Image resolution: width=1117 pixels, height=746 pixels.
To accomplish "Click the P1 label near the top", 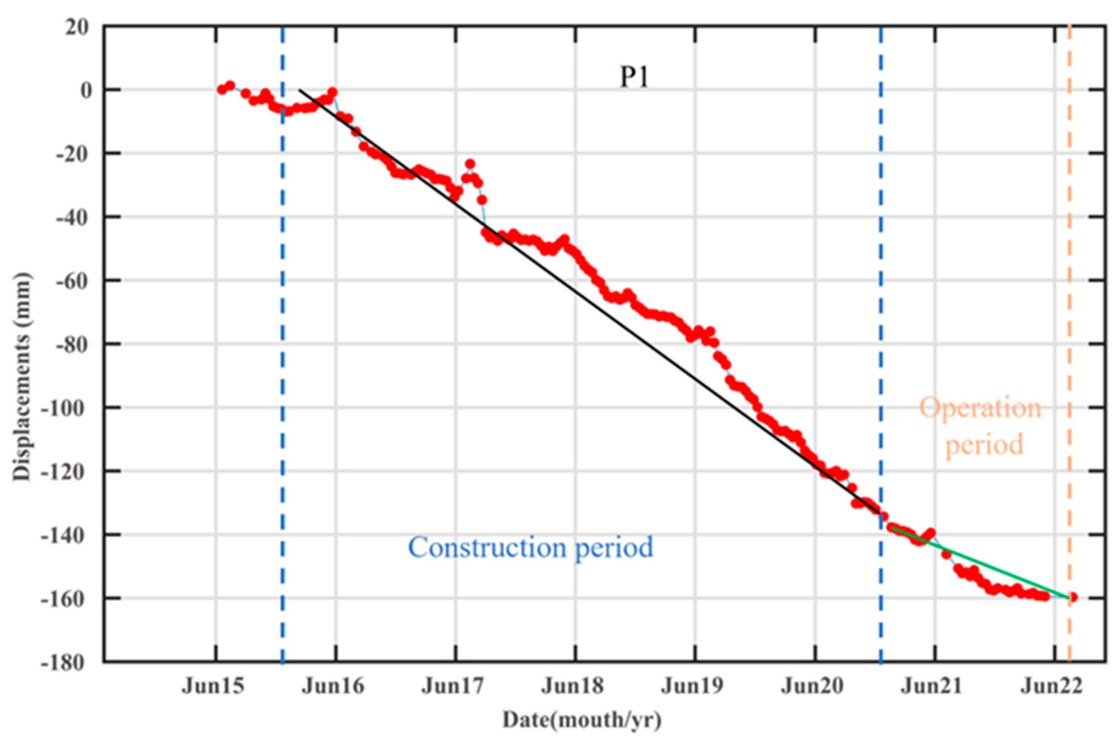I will (634, 78).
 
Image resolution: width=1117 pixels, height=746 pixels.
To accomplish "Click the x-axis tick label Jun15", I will (213, 686).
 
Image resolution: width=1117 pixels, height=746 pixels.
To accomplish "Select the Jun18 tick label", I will (572, 686).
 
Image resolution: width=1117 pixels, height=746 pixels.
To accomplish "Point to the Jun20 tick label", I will (812, 686).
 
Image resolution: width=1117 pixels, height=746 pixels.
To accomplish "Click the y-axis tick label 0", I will (85, 90).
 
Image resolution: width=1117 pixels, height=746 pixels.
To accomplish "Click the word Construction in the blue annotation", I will (487, 548).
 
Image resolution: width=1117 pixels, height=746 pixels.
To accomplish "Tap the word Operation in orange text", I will (980, 408).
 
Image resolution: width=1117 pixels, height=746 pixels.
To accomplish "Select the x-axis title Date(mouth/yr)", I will (582, 720).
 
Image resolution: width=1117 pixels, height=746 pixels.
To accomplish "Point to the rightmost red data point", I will (1072, 597).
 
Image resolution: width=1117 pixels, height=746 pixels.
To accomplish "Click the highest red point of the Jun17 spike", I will (470, 164).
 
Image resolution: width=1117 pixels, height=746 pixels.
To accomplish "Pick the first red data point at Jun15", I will (221, 89).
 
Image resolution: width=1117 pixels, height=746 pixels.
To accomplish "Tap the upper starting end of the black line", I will (300, 90).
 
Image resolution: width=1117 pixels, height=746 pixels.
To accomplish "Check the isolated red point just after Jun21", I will (946, 554).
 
